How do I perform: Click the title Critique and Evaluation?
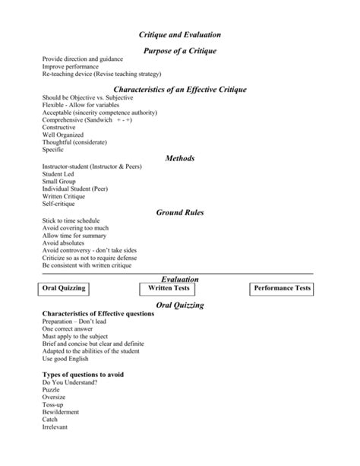[180, 35]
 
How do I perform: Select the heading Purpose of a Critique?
[180, 50]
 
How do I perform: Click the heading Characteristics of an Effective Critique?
[180, 90]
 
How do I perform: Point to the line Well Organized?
[64, 135]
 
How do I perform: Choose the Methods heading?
[180, 158]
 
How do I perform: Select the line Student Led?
[58, 174]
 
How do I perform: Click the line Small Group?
[59, 182]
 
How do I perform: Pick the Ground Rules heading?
[180, 213]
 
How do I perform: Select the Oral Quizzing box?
[64, 289]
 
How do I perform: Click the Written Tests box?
[169, 289]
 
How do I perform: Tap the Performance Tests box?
[282, 289]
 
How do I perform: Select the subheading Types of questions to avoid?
[83, 374]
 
